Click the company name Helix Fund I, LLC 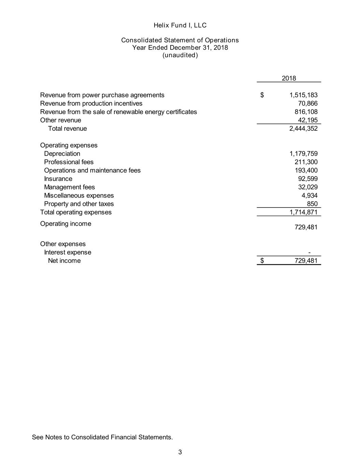coord(180,25)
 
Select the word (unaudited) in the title coord(180,55)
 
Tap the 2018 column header coord(289,78)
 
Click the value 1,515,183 coord(303,95)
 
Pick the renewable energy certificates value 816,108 coord(306,112)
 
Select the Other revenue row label coord(61,120)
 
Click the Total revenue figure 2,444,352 coord(303,128)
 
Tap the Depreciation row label coord(62,154)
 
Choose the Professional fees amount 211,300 coord(306,162)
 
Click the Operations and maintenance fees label coord(92,170)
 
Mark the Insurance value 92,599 coord(307,179)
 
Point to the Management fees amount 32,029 coord(307,187)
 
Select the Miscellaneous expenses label coord(79,195)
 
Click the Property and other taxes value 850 coord(312,204)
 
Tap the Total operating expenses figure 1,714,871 coord(303,212)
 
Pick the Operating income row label coord(66,224)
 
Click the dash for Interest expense coord(309,253)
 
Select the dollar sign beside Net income coord(262,261)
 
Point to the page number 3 coord(180,452)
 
